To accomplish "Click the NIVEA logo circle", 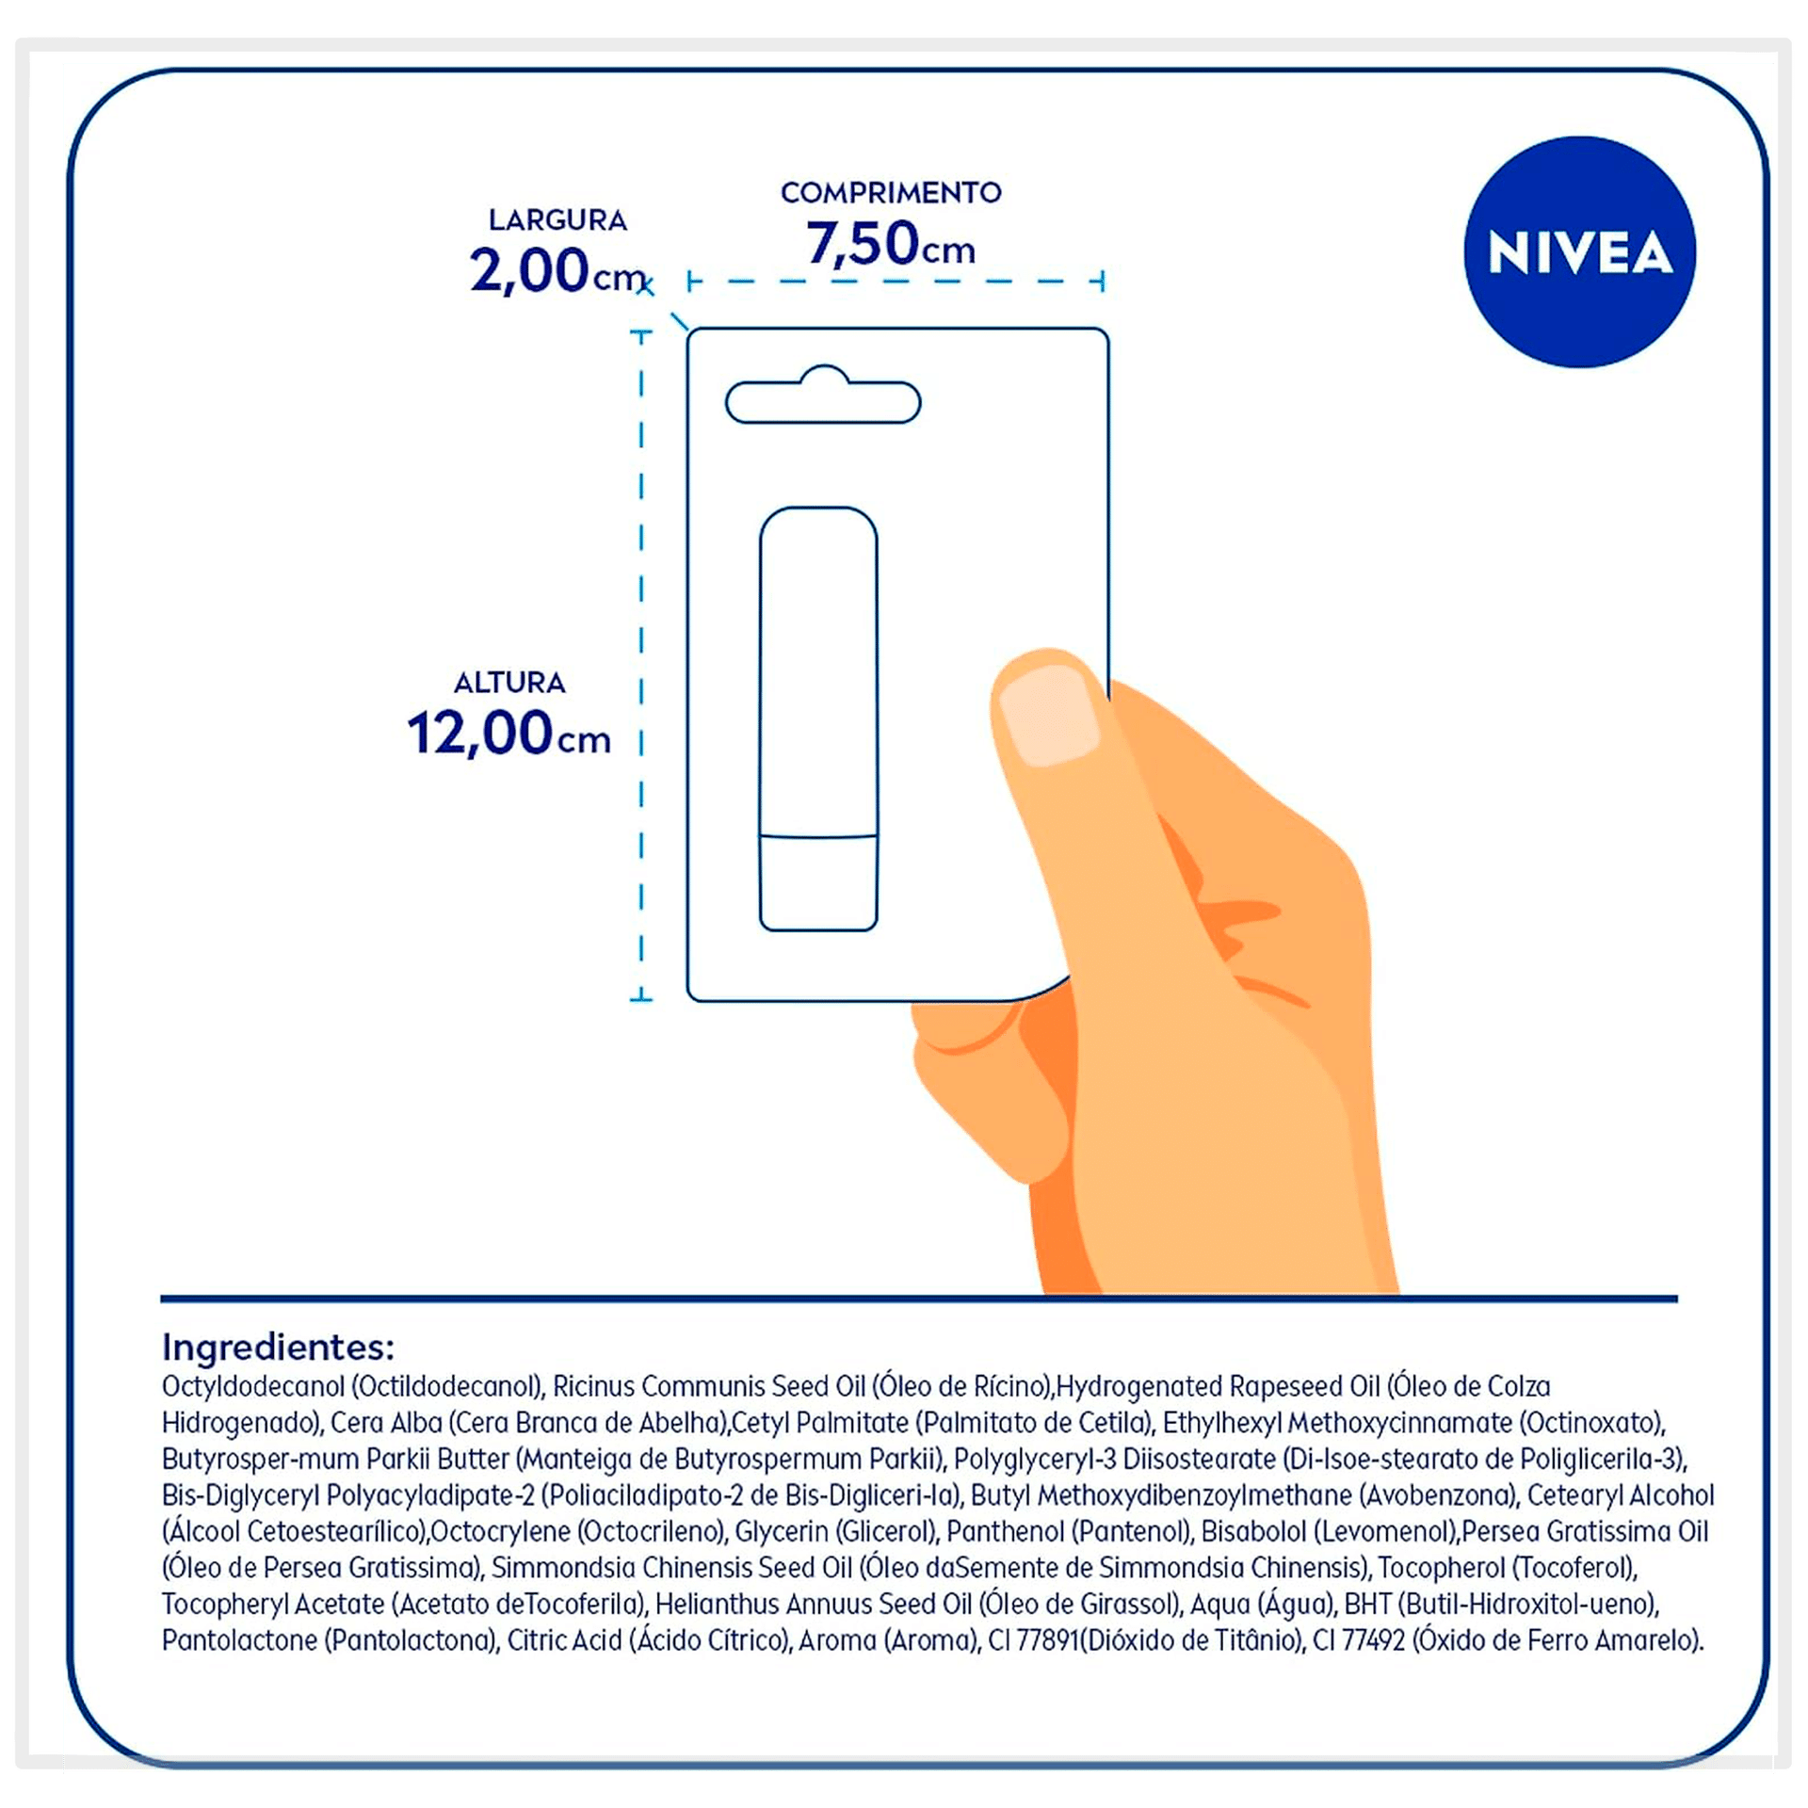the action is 1579,251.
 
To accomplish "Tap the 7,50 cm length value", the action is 890,243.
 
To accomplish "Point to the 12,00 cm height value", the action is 508,734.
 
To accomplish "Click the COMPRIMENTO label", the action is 891,192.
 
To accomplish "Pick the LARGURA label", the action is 557,220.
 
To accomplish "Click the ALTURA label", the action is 509,683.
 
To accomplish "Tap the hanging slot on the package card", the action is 823,395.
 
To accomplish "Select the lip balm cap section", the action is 818,882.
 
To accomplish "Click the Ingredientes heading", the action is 278,1348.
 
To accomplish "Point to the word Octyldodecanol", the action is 253,1387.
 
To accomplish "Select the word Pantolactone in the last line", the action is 239,1641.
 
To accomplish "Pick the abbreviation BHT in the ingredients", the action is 1371,1605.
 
